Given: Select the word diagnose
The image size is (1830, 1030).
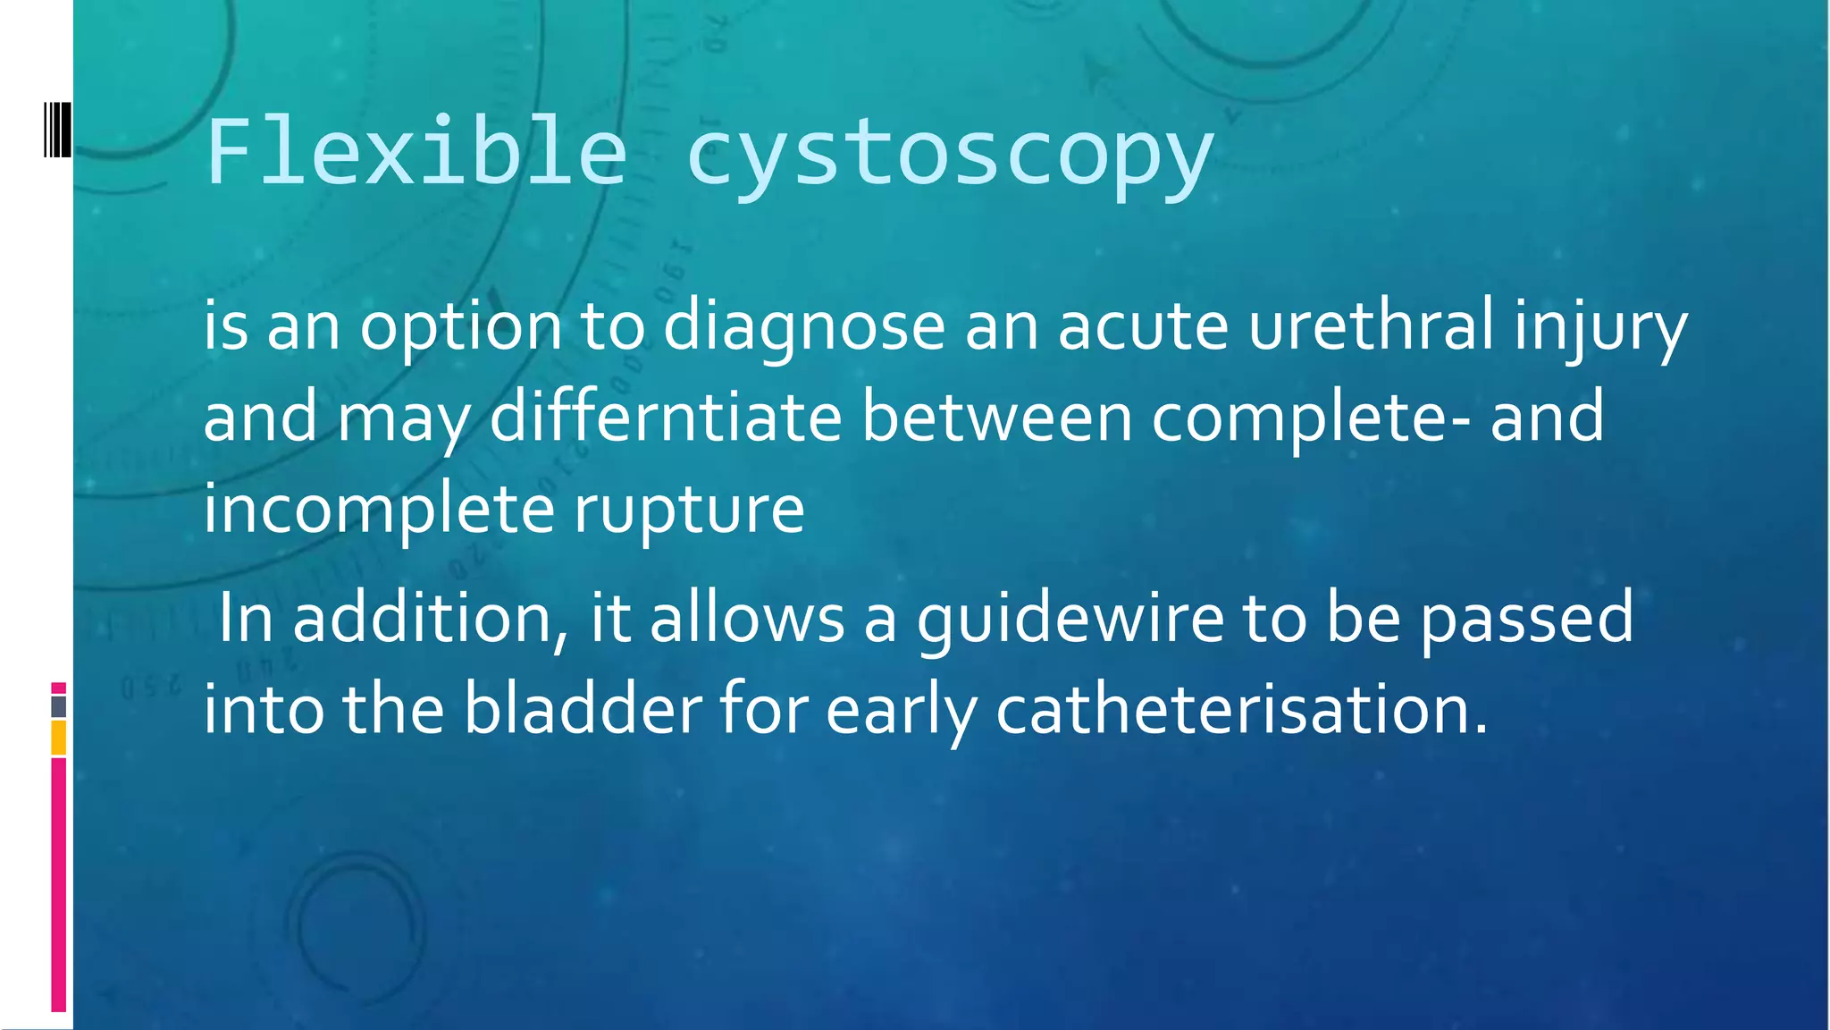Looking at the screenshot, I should coord(804,327).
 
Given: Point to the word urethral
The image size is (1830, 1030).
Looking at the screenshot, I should coord(1371,325).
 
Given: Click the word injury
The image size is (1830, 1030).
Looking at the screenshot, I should coord(1600,329).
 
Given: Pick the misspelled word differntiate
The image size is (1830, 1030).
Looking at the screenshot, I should coord(666,418).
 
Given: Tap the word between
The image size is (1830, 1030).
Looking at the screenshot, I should coord(997,418).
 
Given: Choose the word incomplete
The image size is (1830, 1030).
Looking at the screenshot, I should coord(380,511).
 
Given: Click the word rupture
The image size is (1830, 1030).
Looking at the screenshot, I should coord(689,512).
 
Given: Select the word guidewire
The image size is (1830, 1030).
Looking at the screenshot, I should coord(1070,620).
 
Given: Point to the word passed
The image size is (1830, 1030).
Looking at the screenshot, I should coord(1527,620).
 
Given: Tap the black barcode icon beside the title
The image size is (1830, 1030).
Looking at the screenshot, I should coord(57,131).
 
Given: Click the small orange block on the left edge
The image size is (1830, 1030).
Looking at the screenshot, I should coord(59,739).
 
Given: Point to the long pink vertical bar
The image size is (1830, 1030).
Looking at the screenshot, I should coord(59,884).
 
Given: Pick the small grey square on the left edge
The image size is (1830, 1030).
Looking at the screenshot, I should coord(59,707).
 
